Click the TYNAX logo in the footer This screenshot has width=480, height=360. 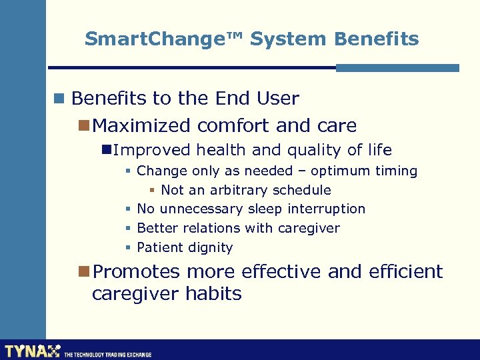[x=32, y=351]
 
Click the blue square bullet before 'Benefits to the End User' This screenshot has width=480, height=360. [x=59, y=99]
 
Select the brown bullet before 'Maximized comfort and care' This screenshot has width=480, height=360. [x=83, y=125]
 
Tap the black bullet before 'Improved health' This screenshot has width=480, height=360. [x=105, y=150]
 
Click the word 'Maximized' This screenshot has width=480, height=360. [x=143, y=125]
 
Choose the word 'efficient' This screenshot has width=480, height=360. [x=403, y=272]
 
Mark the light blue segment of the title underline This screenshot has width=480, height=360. [x=397, y=67]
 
